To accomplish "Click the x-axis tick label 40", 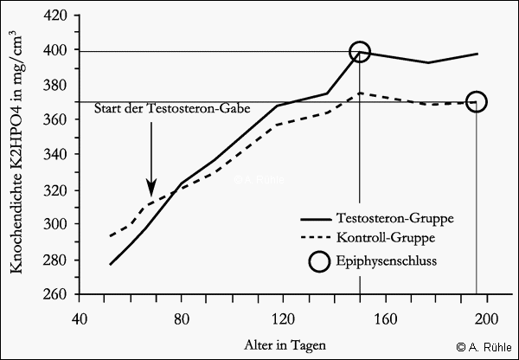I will tap(79, 317).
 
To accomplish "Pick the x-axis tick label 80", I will tap(181, 317).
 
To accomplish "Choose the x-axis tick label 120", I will tap(283, 317).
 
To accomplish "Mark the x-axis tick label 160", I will tap(386, 317).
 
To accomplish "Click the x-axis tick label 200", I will tap(488, 317).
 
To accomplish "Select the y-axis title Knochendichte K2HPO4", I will tap(16, 156).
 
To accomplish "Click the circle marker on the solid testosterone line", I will tap(360, 52).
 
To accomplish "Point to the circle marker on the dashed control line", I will tap(477, 102).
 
